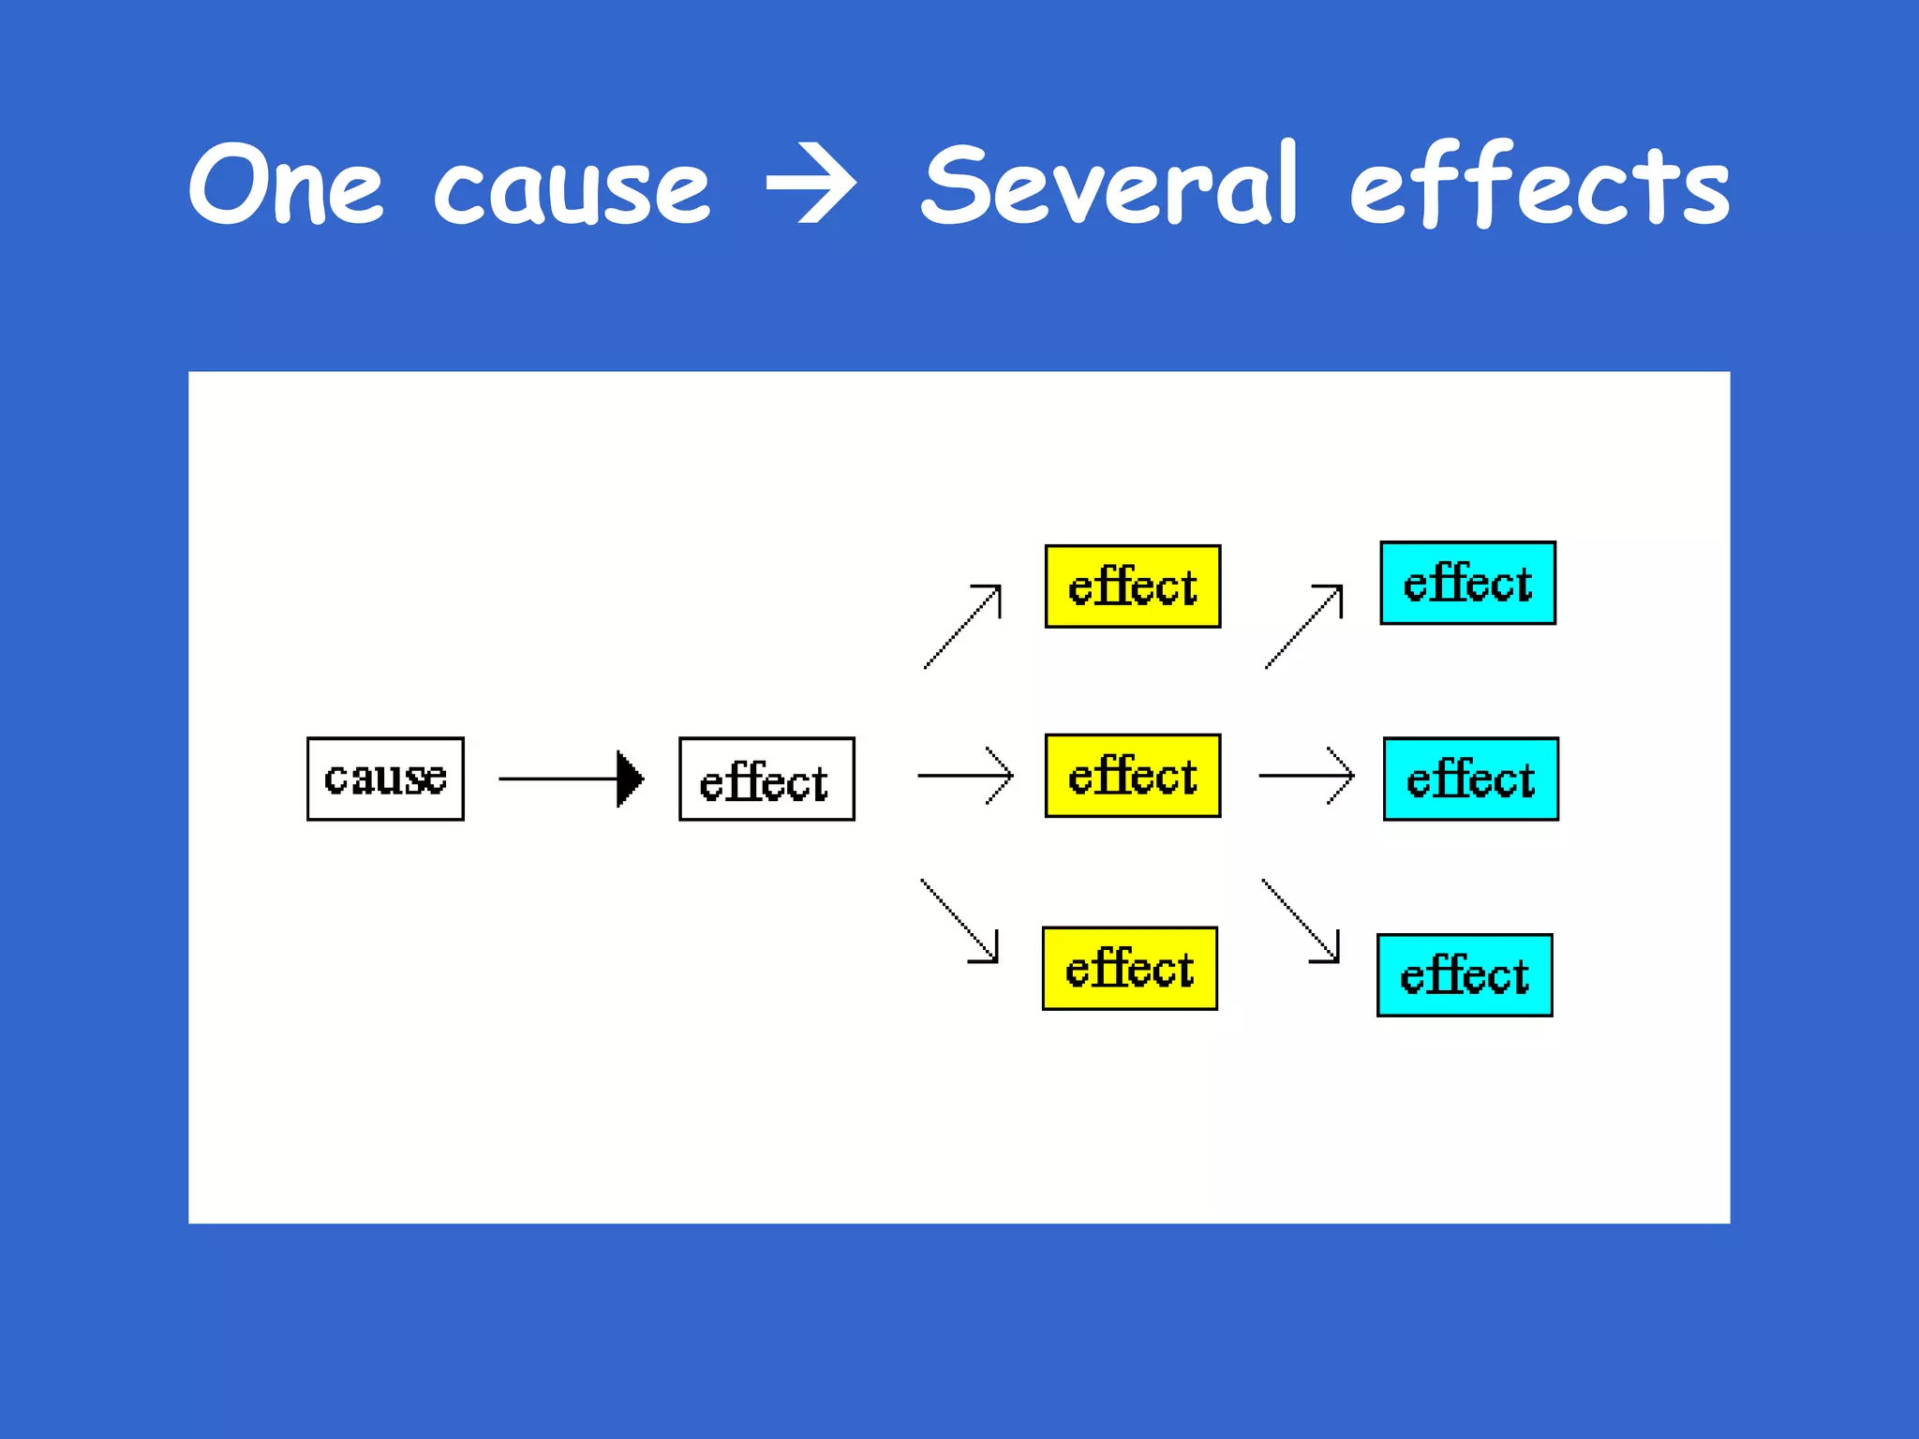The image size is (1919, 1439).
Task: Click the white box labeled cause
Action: coord(385,779)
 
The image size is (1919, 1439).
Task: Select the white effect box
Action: coord(766,779)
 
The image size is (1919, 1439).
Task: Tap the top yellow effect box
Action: coord(1132,586)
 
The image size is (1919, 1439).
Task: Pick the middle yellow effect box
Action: coord(1132,776)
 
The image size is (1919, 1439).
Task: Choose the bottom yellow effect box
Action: coord(1129,968)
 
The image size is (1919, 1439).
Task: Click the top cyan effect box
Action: coord(1467,582)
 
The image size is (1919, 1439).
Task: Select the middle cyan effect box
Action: coord(1470,779)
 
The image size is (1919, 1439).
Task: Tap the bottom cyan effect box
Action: coord(1464,974)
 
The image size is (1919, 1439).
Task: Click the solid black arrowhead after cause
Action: coord(630,779)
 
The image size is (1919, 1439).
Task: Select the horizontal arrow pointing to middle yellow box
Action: coord(965,776)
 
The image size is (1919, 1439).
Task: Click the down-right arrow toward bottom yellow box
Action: coord(960,921)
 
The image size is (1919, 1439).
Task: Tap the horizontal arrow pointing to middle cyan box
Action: coord(1306,776)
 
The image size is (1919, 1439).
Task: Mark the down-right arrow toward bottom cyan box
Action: coord(1302,921)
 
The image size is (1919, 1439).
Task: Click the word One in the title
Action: coord(286,185)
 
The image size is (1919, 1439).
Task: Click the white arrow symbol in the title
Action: coord(811,186)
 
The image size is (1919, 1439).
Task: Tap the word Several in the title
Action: coord(1109,185)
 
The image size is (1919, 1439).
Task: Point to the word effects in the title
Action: coord(1539,185)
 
